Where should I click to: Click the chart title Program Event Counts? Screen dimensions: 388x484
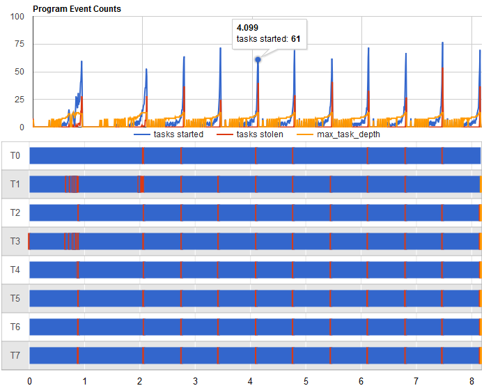tap(77, 9)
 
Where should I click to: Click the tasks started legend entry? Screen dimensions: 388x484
tap(178, 134)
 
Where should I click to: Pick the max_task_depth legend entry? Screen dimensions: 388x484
tap(349, 134)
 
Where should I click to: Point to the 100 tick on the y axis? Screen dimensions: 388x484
tap(18, 17)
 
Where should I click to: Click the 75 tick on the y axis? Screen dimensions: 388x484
tap(20, 44)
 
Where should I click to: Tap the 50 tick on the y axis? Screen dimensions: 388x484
tap(20, 72)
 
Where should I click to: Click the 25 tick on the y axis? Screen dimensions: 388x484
tap(20, 100)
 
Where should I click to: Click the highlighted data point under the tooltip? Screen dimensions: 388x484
tap(258, 60)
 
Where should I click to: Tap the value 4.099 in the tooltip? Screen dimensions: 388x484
tap(248, 28)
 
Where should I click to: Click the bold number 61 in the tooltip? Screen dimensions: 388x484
tap(295, 39)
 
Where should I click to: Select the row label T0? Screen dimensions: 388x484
tap(15, 156)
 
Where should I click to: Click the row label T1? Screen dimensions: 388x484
tap(15, 185)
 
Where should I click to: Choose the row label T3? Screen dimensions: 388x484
tap(15, 242)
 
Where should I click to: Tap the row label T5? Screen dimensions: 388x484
tap(15, 299)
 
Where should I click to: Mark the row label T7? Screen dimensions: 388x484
tap(15, 356)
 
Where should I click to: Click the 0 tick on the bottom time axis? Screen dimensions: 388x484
tap(29, 381)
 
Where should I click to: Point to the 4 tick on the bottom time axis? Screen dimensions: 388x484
tap(251, 381)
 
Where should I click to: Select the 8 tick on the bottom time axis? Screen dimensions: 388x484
tap(471, 381)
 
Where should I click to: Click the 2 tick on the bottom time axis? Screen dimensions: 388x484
tap(140, 381)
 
